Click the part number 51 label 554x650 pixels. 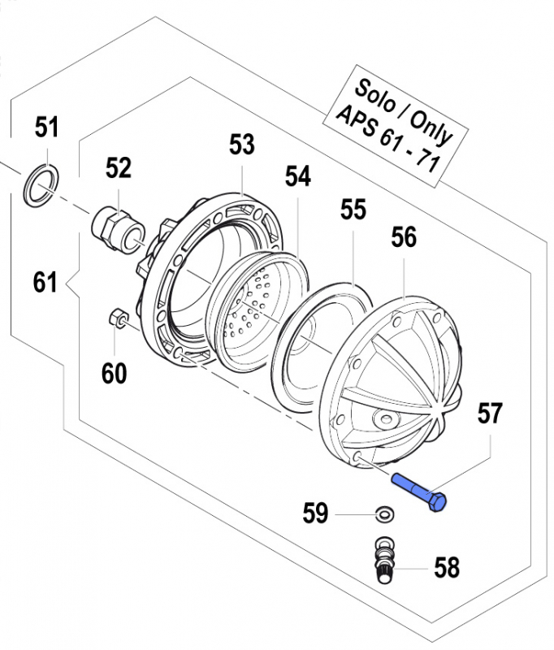(47, 128)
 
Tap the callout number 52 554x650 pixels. (118, 168)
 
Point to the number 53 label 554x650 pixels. (241, 145)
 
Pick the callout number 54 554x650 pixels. (297, 177)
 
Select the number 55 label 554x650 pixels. (353, 210)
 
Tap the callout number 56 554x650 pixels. (404, 237)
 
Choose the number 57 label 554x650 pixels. (490, 414)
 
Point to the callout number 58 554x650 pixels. (446, 567)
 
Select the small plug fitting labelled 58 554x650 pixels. (383, 561)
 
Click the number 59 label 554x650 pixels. (315, 513)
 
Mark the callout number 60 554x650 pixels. (114, 373)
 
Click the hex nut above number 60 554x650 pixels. (115, 317)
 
